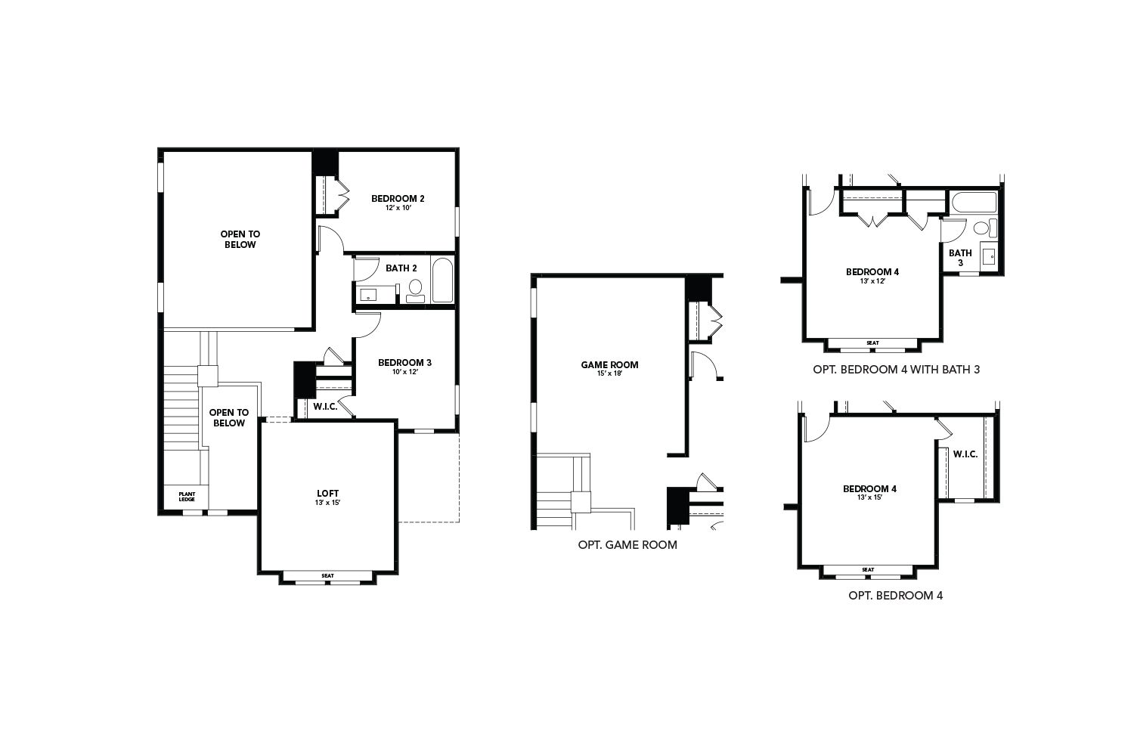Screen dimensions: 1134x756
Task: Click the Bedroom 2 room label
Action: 398,199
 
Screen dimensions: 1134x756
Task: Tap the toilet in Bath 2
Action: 416,290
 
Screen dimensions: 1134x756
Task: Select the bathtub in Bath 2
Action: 442,280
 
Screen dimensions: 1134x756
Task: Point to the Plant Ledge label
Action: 187,496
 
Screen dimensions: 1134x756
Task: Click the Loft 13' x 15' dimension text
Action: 327,503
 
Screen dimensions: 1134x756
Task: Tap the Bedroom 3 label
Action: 404,363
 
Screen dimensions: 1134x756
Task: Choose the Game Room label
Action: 609,364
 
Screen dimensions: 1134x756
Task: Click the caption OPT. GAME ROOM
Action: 627,545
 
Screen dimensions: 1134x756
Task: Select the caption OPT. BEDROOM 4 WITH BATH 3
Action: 896,370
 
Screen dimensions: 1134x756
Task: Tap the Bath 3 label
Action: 960,258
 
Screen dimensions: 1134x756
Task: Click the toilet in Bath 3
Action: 984,228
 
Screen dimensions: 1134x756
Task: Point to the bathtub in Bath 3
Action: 974,203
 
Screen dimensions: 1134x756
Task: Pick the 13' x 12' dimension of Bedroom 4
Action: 872,281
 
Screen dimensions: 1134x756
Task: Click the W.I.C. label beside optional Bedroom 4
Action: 965,454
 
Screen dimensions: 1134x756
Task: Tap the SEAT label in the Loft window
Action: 327,576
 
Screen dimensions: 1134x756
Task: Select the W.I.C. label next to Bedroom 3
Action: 325,407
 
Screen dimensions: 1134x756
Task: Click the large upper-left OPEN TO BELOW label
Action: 240,240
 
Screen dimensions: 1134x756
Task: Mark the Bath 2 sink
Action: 368,295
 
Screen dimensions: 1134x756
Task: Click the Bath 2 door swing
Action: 366,269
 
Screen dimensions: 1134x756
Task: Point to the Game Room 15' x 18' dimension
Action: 609,373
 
